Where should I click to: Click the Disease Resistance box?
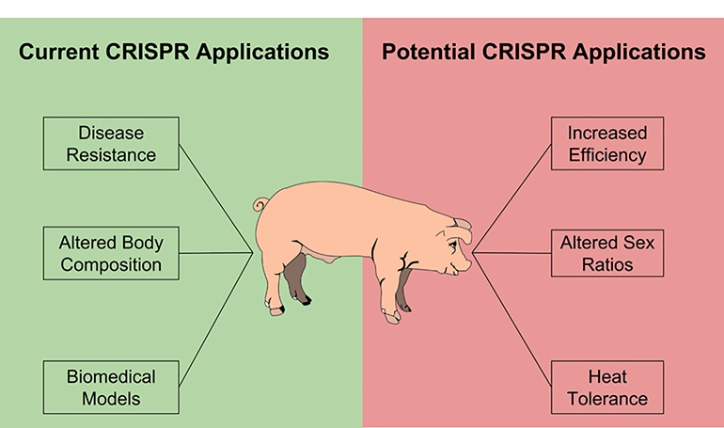[111, 143]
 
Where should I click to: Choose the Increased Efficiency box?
[606, 143]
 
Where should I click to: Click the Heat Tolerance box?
[606, 387]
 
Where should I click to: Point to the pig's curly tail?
[260, 203]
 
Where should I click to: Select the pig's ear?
[458, 226]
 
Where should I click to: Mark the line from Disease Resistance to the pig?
[216, 198]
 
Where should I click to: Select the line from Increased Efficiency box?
[512, 198]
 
